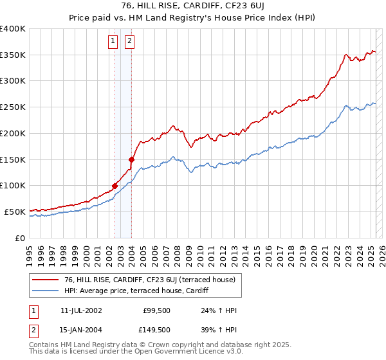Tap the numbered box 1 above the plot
coord(113,42)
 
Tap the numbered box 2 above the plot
coord(129,42)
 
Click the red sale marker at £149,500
coord(131,159)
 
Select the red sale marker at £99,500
coord(115,186)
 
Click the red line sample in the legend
coord(46,280)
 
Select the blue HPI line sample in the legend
coord(46,291)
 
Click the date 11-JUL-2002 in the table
coord(80,310)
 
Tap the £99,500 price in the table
coord(156,310)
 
